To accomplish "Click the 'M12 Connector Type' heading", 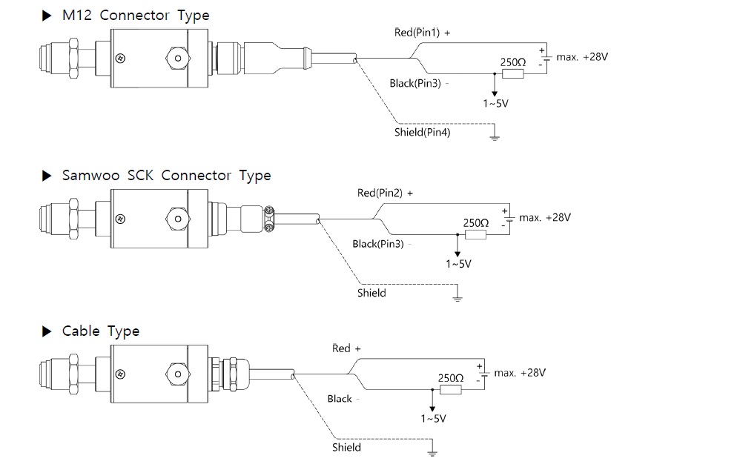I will coord(135,16).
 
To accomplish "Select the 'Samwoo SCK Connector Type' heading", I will coord(166,176).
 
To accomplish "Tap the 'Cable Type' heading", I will coord(100,331).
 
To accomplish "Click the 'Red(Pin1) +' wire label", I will coord(422,33).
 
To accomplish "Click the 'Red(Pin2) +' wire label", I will coord(385,193).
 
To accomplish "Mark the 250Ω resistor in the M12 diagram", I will coord(513,73).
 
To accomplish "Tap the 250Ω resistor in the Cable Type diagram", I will coord(451,388).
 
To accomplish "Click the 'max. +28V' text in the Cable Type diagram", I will coord(520,373).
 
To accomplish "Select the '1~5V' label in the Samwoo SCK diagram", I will coord(458,263).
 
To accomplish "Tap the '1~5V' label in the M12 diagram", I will coord(495,104).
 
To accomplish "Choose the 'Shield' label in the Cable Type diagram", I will coord(346,447).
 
